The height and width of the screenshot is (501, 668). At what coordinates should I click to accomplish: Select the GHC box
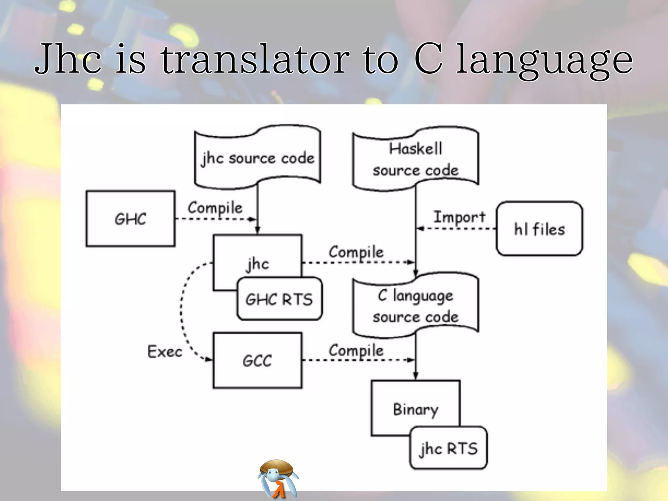130,219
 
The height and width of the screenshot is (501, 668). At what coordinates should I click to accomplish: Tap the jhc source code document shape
257,158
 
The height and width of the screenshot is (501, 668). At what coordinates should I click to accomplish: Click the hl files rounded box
539,229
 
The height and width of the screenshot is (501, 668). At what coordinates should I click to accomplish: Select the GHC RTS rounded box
279,299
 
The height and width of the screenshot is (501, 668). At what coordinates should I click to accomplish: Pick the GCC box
257,360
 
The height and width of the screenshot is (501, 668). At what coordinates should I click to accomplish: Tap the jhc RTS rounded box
448,448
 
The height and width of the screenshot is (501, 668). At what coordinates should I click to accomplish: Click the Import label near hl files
459,217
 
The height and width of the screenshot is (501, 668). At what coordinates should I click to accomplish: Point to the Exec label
165,352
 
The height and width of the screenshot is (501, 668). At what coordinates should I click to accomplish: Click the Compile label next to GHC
215,208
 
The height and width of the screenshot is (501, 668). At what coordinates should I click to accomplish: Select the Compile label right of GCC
356,351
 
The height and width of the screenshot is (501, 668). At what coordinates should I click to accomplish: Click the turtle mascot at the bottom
278,478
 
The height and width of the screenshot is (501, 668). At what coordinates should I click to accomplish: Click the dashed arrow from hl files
457,228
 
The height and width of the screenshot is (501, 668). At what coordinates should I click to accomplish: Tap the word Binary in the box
416,409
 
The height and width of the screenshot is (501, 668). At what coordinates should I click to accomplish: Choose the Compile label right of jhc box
356,252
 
